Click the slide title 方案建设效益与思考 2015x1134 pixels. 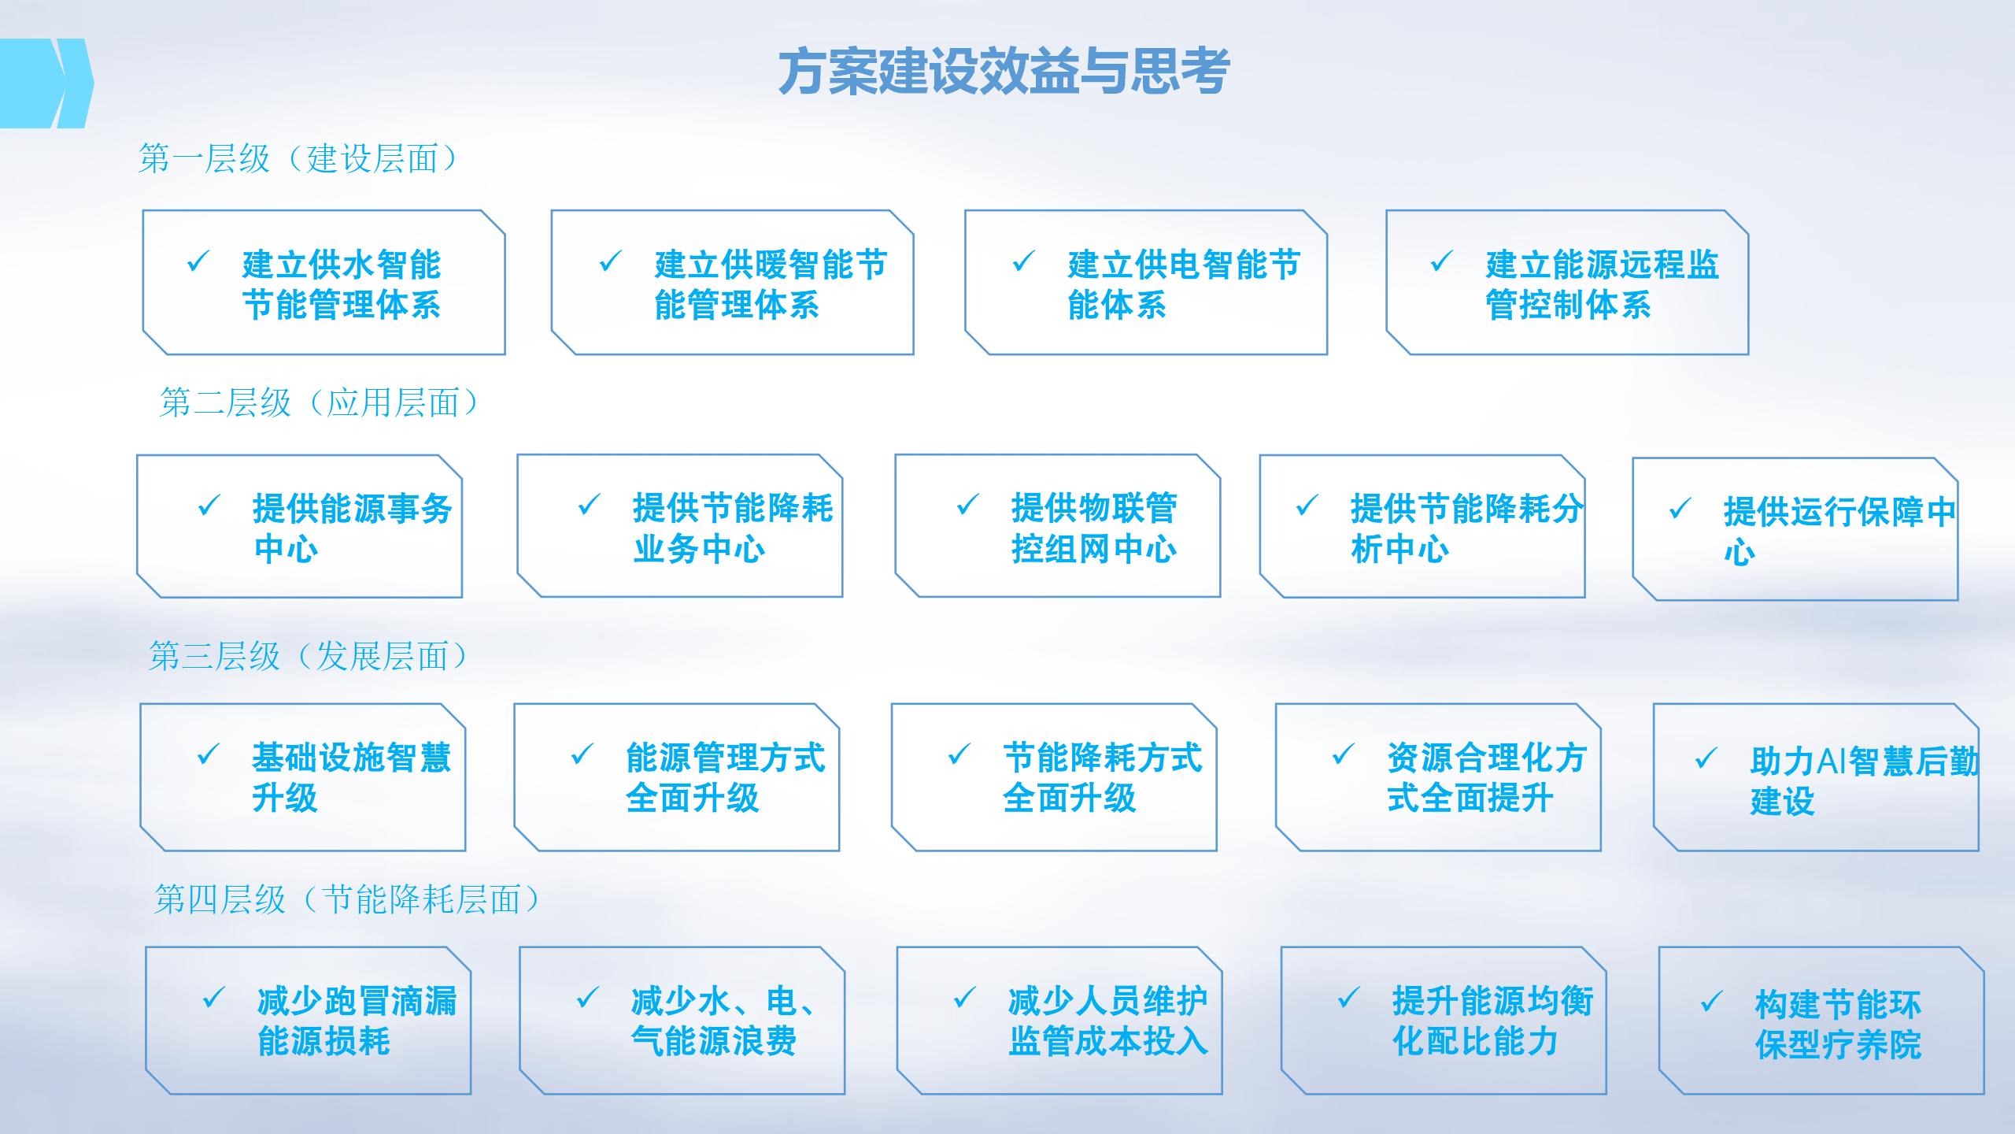(x=1004, y=72)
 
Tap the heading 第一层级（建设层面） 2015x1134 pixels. (x=298, y=158)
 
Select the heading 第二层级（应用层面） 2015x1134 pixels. (x=320, y=402)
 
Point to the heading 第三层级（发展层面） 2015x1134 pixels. (x=309, y=656)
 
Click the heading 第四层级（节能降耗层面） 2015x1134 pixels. (x=347, y=899)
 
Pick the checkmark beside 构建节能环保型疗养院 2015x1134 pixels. (x=1711, y=1002)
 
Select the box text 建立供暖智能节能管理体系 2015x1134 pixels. (x=771, y=284)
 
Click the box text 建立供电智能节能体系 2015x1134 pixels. (x=1184, y=284)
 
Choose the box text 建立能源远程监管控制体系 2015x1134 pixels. (x=1602, y=284)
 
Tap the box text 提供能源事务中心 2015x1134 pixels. (x=353, y=528)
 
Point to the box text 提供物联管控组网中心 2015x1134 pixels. (x=1094, y=528)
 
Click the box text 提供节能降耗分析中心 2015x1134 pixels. (x=1466, y=528)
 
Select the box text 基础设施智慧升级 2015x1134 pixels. (x=351, y=777)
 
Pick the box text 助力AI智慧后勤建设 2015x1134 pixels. (x=1864, y=781)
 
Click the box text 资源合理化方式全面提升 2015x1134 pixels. (x=1486, y=777)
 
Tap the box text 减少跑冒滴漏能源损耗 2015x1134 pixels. (x=357, y=1021)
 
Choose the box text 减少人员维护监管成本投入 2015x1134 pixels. (x=1107, y=1021)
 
